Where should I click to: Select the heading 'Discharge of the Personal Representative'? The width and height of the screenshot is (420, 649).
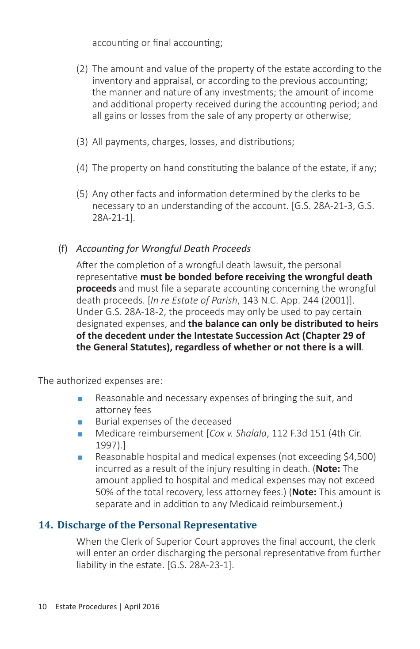click(157, 525)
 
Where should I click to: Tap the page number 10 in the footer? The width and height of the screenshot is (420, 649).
click(42, 607)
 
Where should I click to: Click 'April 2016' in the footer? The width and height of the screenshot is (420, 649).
click(141, 607)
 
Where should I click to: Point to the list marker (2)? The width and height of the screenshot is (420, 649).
click(82, 69)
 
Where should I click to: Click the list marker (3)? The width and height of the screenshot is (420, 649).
click(82, 142)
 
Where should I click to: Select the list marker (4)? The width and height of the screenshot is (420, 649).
click(82, 168)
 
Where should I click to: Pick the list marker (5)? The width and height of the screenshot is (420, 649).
click(82, 194)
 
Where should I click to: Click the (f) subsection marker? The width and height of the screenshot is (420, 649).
click(63, 249)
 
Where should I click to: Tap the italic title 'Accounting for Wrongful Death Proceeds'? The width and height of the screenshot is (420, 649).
click(163, 249)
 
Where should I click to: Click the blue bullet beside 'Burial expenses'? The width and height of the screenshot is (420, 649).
click(80, 422)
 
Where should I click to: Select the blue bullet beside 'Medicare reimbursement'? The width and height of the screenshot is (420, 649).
click(80, 434)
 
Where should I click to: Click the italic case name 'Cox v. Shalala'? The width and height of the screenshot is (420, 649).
click(238, 433)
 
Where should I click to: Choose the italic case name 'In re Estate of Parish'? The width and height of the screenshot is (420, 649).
click(194, 300)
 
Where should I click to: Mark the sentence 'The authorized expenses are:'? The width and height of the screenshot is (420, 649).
click(100, 381)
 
